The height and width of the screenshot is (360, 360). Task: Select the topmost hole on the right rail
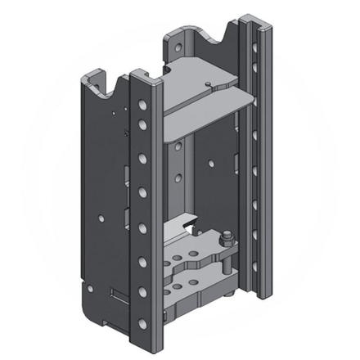(255, 47)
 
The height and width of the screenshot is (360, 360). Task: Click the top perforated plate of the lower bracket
(196, 250)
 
